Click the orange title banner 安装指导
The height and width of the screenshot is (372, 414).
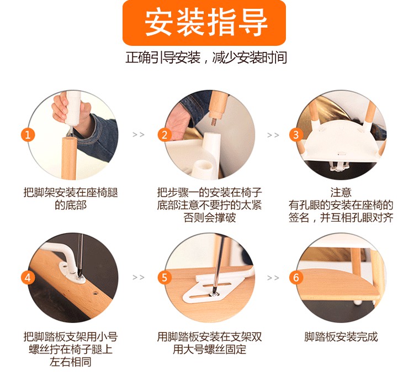(204, 23)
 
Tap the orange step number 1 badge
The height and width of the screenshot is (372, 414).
(28, 135)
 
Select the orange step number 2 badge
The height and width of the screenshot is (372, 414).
(164, 135)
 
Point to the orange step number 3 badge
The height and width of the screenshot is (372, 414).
(296, 135)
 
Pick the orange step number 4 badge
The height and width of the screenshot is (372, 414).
(28, 277)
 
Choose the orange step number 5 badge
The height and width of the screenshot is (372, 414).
(164, 277)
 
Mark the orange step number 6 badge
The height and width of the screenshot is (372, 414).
(296, 277)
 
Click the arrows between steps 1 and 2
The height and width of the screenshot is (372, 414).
(139, 135)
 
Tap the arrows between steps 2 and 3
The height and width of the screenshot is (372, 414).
(273, 135)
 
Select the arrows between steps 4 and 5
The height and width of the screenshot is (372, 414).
(139, 277)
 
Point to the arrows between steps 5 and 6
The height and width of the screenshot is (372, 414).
(273, 278)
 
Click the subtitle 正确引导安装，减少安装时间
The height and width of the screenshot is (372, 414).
(206, 57)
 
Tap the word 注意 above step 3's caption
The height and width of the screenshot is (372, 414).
(341, 192)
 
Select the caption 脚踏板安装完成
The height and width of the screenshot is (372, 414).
(341, 337)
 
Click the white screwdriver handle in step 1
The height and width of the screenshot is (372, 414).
(73, 108)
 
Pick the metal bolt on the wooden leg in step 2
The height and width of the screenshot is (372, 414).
(213, 122)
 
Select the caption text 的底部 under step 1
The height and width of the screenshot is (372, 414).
(71, 205)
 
